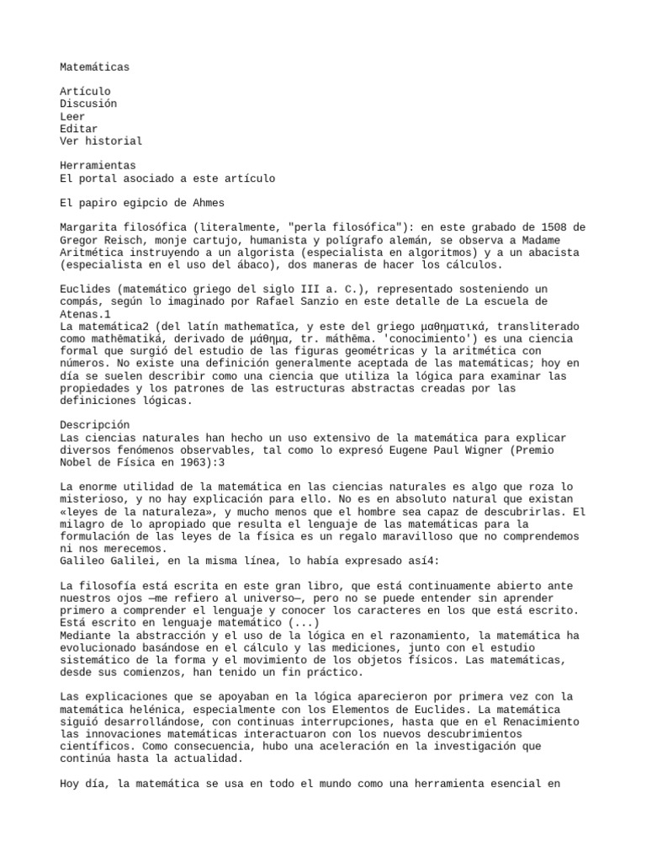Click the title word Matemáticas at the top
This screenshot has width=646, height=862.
coord(95,67)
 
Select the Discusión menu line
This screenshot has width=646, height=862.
coord(88,104)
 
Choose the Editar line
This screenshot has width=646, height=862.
coord(77,129)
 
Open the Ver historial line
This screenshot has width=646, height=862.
coord(102,141)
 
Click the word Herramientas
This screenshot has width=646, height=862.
coord(98,166)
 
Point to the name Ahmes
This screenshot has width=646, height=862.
coord(207,203)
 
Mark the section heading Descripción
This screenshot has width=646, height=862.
coord(95,425)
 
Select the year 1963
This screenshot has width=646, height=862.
coord(200,462)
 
